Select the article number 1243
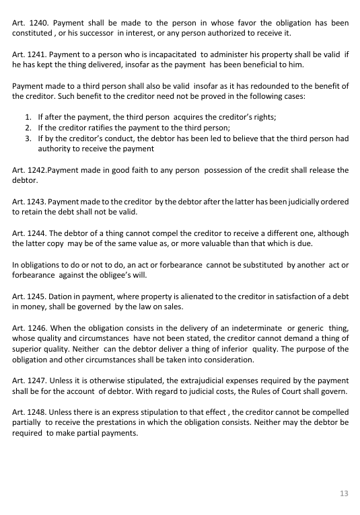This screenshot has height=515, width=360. [x=39, y=201]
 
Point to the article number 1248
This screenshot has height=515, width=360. [x=39, y=411]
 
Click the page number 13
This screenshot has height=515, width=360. [x=344, y=493]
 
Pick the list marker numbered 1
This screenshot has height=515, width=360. [x=28, y=117]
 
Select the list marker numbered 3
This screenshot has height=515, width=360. [x=28, y=138]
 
